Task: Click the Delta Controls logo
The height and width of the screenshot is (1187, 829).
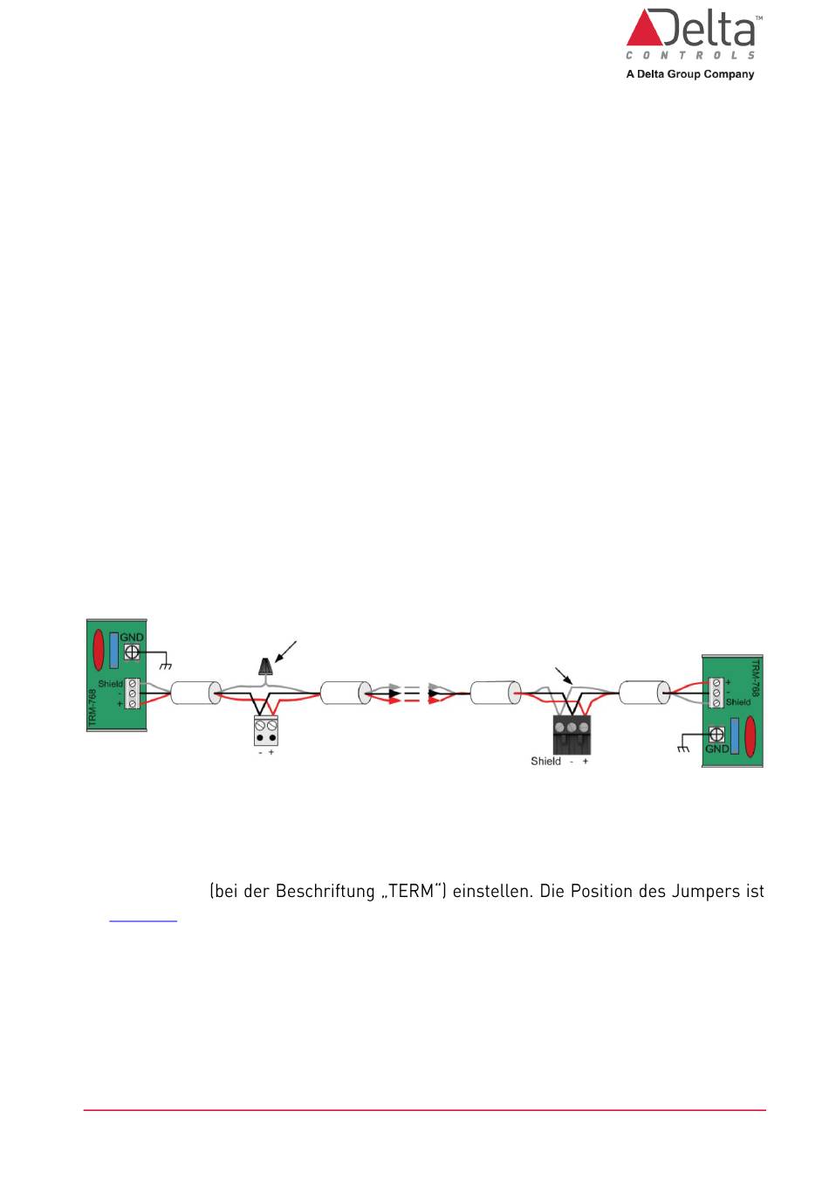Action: click(691, 35)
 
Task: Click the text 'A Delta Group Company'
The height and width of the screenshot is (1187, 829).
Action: click(689, 74)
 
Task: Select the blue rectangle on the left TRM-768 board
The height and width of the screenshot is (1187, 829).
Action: click(113, 651)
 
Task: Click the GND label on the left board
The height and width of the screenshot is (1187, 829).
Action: click(132, 637)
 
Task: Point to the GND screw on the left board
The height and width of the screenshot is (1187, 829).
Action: click(133, 652)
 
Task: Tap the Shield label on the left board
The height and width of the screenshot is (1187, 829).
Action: click(110, 684)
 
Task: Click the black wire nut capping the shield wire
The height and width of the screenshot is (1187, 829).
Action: click(266, 667)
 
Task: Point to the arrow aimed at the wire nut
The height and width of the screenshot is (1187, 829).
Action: click(285, 652)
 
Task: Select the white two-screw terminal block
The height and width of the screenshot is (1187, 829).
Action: click(266, 730)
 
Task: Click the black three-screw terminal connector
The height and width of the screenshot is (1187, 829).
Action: click(572, 735)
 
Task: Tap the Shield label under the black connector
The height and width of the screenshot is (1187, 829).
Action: click(545, 762)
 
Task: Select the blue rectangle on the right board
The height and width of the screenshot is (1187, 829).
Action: click(735, 735)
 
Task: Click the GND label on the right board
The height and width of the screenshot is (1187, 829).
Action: click(716, 749)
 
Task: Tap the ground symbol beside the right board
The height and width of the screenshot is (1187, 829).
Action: click(683, 748)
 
